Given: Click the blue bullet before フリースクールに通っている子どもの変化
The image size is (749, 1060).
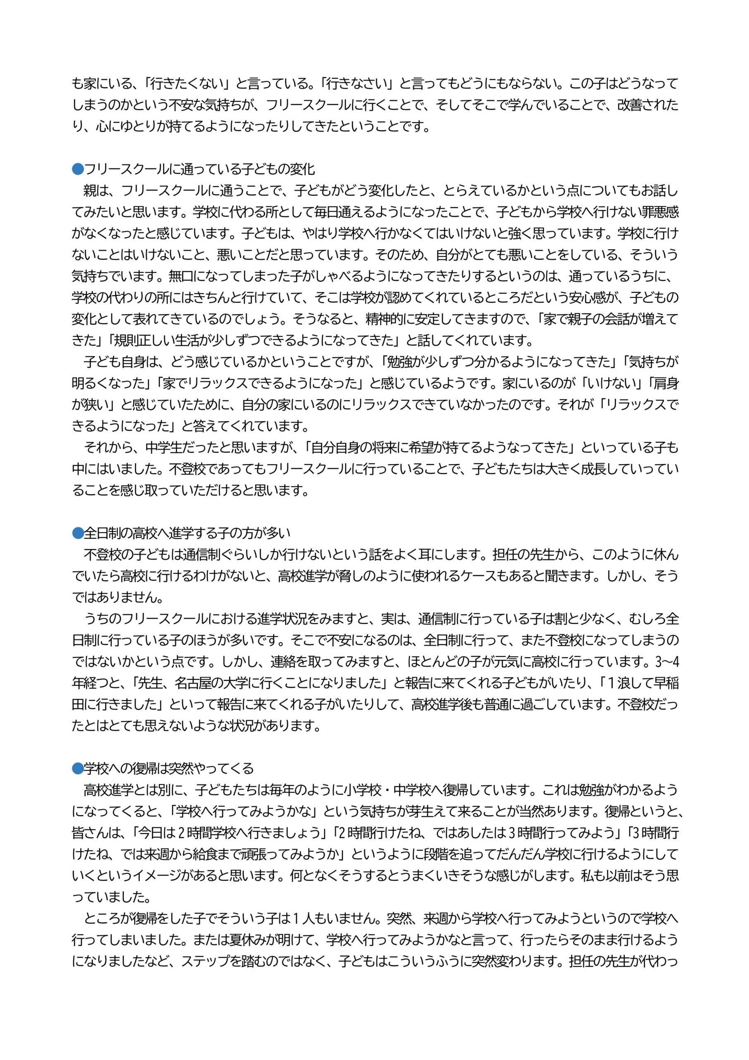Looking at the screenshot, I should point(77,169).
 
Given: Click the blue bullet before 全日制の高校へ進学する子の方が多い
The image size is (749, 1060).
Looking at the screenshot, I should point(77,533).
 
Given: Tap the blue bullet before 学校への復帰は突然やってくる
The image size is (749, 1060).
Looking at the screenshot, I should point(77,768).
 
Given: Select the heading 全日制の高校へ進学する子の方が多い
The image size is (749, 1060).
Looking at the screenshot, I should point(187,533).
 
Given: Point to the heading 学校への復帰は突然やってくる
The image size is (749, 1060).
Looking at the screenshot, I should point(168,768).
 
